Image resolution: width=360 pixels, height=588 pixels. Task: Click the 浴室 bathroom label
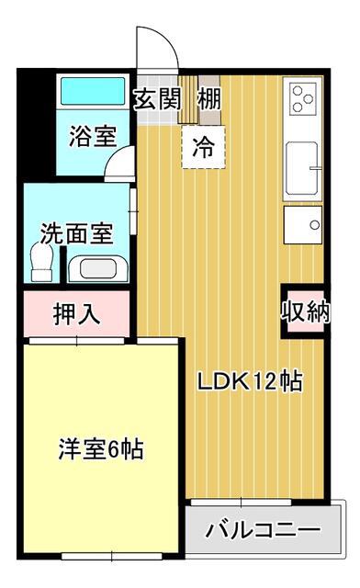(x=93, y=136)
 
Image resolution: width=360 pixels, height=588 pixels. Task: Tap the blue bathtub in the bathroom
(x=93, y=91)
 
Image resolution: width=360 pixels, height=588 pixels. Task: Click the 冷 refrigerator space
(x=203, y=147)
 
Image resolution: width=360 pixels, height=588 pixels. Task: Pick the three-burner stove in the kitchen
(x=303, y=99)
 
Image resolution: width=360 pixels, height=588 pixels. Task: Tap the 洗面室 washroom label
(x=76, y=233)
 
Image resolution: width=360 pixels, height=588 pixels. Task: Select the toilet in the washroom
(x=41, y=262)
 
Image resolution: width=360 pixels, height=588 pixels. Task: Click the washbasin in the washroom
(x=98, y=268)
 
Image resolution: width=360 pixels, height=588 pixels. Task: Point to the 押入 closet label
(x=77, y=313)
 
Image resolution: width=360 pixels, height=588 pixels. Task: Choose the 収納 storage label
(x=306, y=311)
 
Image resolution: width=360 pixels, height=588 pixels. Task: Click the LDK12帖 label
(x=250, y=381)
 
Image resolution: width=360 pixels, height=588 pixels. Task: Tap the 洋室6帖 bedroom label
(x=101, y=449)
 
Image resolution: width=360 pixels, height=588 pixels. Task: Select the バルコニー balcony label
(x=263, y=530)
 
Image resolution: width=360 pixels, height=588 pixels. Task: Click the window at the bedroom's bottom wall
(x=111, y=556)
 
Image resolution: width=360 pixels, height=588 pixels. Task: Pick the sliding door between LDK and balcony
(x=242, y=503)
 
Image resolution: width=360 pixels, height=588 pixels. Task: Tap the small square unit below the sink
(x=303, y=224)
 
